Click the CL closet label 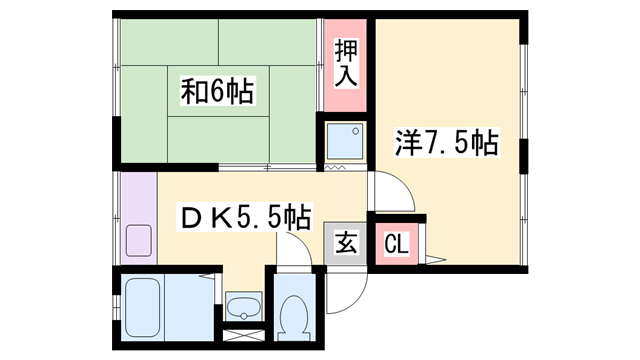395,243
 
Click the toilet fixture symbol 294,319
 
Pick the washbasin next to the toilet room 242,304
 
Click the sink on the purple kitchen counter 138,240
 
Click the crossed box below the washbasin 241,336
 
